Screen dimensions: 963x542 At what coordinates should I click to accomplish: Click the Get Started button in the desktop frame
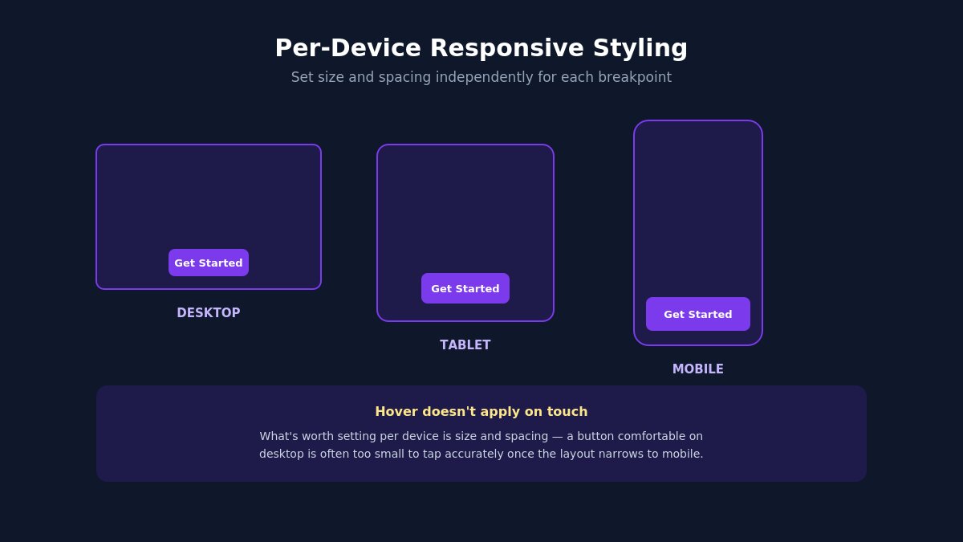pyautogui.click(x=209, y=263)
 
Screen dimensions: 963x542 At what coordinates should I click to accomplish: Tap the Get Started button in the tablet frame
pyautogui.click(x=465, y=288)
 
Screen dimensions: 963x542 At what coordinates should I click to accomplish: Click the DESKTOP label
pyautogui.click(x=209, y=312)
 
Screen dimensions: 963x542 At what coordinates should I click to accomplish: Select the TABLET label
pyautogui.click(x=465, y=345)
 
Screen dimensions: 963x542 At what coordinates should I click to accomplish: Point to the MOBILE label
pyautogui.click(x=697, y=369)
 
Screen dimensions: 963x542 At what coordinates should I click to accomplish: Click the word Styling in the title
pyautogui.click(x=640, y=48)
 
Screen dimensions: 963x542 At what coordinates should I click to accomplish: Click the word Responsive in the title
pyautogui.click(x=507, y=48)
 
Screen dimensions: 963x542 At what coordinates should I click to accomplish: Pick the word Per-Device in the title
pyautogui.click(x=347, y=48)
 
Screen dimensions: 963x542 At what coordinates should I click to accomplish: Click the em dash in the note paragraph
pyautogui.click(x=557, y=437)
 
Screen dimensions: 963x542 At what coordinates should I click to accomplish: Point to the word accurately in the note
pyautogui.click(x=470, y=454)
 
